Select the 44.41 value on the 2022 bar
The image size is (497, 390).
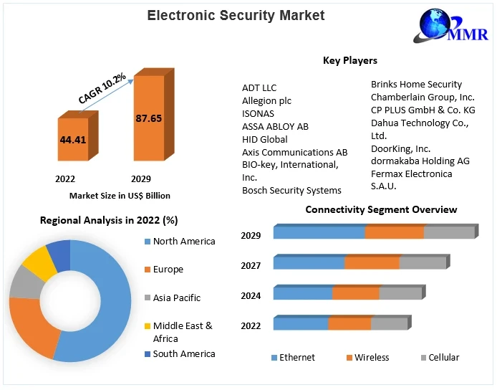(x=72, y=140)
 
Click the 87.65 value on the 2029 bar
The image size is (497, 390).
(x=148, y=118)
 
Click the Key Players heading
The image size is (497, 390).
(x=350, y=61)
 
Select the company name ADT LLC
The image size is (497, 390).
(x=259, y=88)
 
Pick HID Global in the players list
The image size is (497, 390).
(x=265, y=140)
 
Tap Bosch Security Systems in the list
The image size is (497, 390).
(x=291, y=191)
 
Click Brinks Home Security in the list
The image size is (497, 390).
(x=416, y=85)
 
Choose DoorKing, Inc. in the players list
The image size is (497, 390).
(x=400, y=148)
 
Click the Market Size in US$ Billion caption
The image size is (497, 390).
(x=120, y=196)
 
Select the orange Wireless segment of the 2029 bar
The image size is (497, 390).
(x=394, y=232)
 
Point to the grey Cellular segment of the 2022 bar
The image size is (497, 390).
(x=389, y=323)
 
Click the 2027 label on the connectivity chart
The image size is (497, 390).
(x=251, y=265)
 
